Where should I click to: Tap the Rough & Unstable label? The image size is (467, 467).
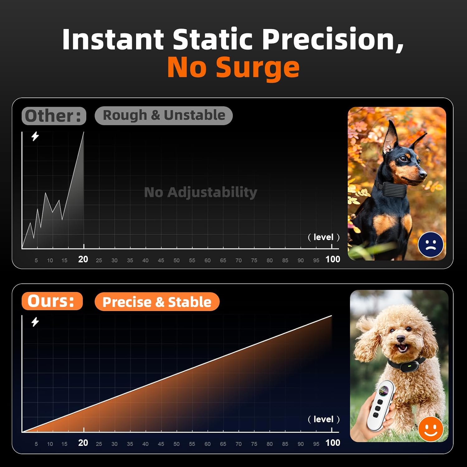pos(164,116)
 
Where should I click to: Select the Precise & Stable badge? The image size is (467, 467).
pos(157,302)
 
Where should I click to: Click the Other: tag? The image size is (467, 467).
pos(54,116)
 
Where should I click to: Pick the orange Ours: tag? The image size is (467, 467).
pos(52,301)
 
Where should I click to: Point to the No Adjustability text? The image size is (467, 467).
pos(201,192)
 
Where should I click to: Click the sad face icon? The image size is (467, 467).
pos(431,245)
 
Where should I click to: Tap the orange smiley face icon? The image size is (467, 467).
pos(431,429)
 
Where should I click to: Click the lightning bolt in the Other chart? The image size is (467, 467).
pos(35,136)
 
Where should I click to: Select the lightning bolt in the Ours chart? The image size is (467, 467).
pos(35,322)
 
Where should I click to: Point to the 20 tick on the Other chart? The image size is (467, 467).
pos(83,259)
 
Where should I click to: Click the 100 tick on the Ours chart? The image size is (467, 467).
pos(333,442)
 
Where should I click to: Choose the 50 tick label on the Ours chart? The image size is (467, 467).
pos(177,444)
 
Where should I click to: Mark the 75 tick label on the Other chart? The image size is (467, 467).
pos(254,260)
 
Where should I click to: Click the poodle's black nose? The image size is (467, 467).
pos(401,339)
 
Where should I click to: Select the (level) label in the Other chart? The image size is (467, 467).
pos(323,237)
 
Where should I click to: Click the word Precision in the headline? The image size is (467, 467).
pos(333,39)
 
